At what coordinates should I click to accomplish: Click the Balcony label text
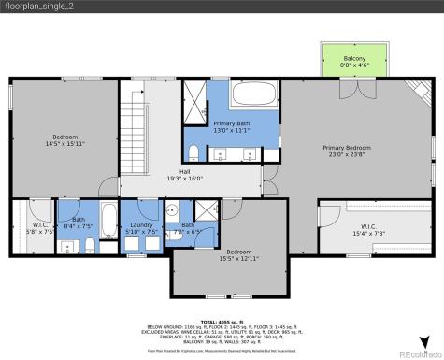pos(354,58)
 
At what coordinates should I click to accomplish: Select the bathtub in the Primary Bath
pos(251,95)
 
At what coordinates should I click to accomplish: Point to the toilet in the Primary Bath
pos(192,153)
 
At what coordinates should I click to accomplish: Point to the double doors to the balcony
pos(351,92)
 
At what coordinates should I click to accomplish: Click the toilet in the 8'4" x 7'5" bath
pos(89,246)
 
